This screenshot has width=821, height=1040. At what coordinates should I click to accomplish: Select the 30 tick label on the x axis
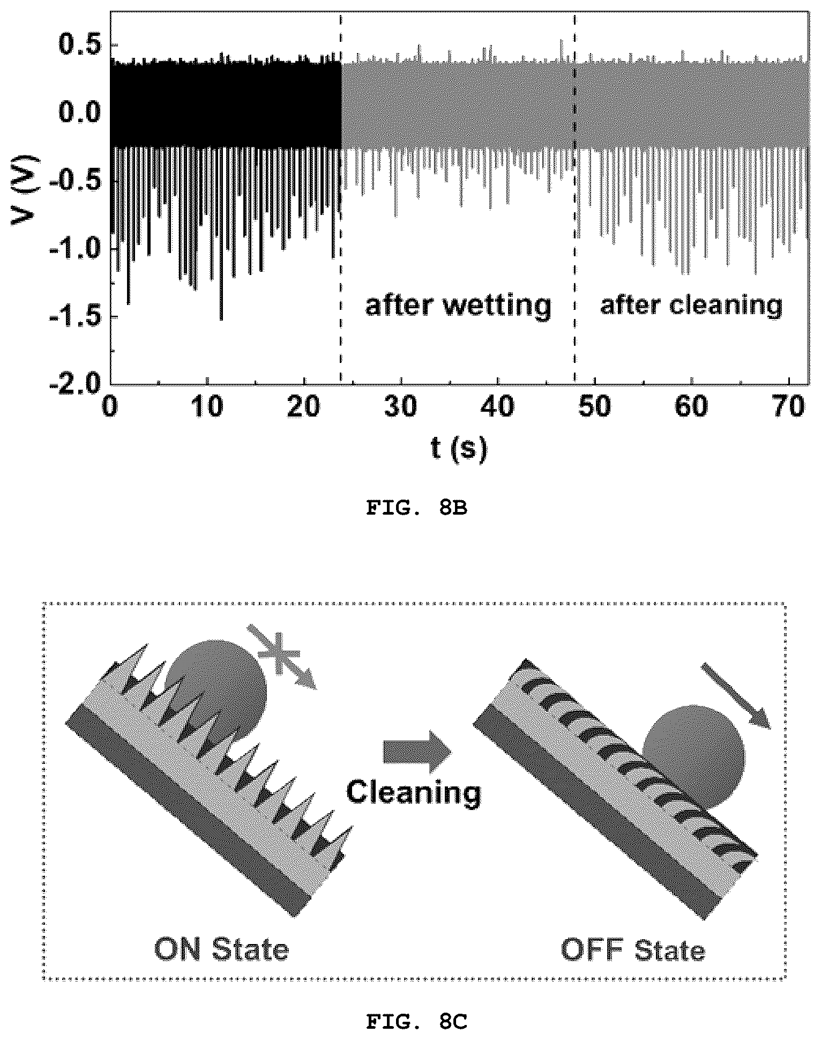[401, 407]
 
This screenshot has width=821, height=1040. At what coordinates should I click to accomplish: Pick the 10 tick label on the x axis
[208, 407]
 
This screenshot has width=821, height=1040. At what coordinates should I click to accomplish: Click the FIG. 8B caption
[416, 508]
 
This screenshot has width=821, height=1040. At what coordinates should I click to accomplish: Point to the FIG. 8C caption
[416, 1023]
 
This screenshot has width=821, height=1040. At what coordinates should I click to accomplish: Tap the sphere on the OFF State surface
[695, 753]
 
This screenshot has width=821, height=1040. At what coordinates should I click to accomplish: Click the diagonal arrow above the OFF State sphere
[736, 696]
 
